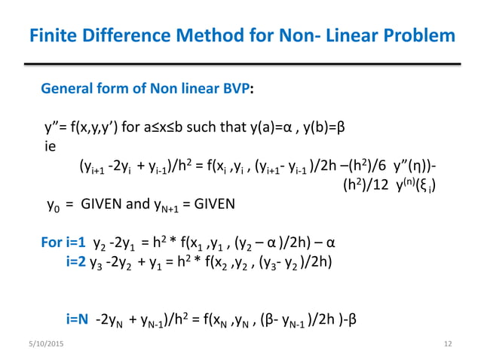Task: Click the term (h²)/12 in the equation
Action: pyautogui.click(x=367, y=184)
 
